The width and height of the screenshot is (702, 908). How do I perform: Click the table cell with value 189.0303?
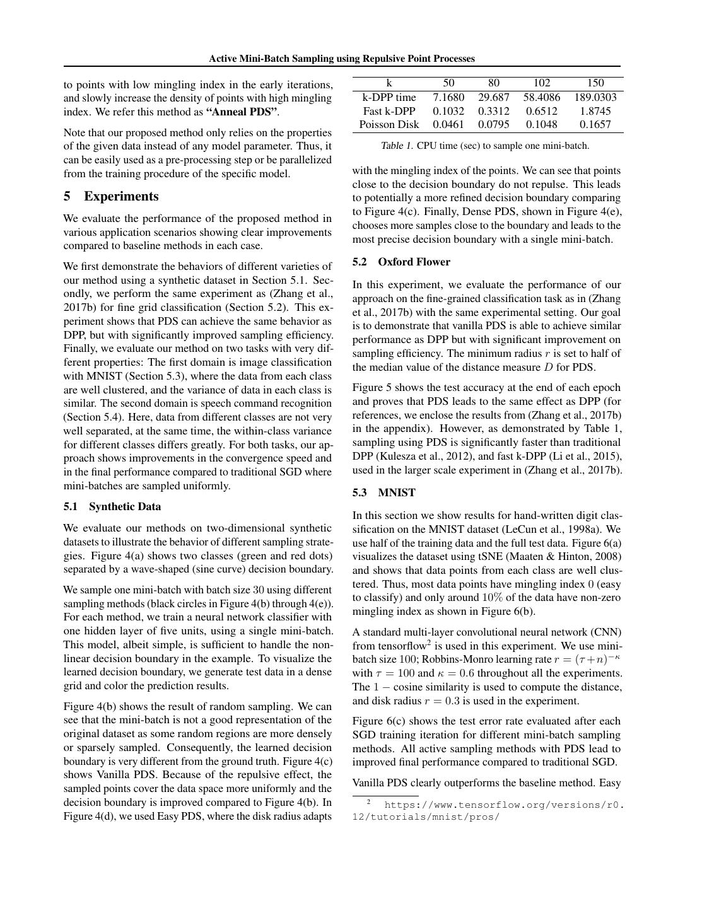595,97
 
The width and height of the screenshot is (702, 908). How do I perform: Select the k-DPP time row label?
389,97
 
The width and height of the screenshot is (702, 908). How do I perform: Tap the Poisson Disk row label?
389,124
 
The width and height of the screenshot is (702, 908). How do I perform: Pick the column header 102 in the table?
541,83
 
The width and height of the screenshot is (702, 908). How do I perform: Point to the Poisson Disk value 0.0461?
448,124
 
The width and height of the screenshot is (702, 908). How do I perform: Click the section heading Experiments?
121,196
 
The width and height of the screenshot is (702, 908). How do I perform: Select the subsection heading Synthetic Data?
125,506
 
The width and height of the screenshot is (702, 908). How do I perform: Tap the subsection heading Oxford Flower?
414,262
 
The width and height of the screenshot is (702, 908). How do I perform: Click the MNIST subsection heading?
397,492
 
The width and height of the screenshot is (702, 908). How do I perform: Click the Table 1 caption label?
397,146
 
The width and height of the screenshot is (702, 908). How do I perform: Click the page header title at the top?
342,59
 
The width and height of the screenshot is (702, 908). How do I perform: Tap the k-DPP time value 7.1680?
448,97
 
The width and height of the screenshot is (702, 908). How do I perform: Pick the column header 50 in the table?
448,83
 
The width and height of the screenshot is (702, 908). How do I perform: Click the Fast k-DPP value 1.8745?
595,111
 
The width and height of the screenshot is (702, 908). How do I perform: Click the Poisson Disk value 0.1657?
595,124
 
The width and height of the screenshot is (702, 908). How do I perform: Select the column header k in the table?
389,83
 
